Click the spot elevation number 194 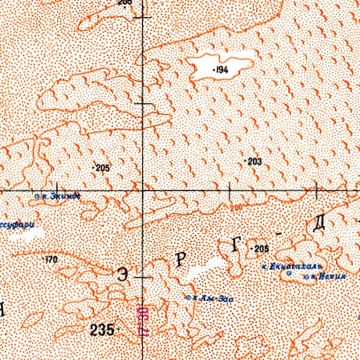pyautogui.click(x=222, y=70)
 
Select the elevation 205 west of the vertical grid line pyautogui.click(x=103, y=167)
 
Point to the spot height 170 pyautogui.click(x=51, y=260)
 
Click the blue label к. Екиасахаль pyautogui.click(x=291, y=267)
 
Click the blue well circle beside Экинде pyautogui.click(x=37, y=196)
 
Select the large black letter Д pyautogui.click(x=319, y=225)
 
